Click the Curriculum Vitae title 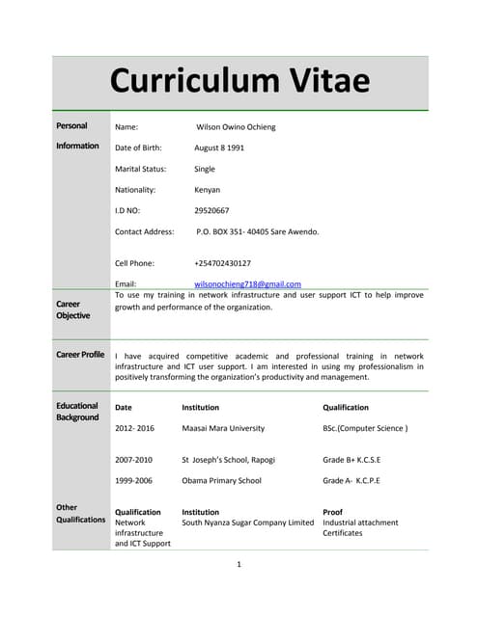point(239,80)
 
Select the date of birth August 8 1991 point(219,148)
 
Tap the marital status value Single point(205,169)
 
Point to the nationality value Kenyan point(208,190)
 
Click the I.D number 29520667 point(211,210)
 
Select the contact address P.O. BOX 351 point(257,231)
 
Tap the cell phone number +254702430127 point(223,262)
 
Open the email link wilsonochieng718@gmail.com point(248,284)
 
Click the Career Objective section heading point(73,309)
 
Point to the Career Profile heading point(80,355)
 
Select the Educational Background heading point(77,412)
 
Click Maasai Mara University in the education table point(223,428)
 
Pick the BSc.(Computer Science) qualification point(365,428)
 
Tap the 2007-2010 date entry point(134,460)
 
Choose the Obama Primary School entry point(221,480)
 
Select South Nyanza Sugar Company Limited point(248,523)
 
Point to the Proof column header point(332,512)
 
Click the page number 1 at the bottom point(239,565)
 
